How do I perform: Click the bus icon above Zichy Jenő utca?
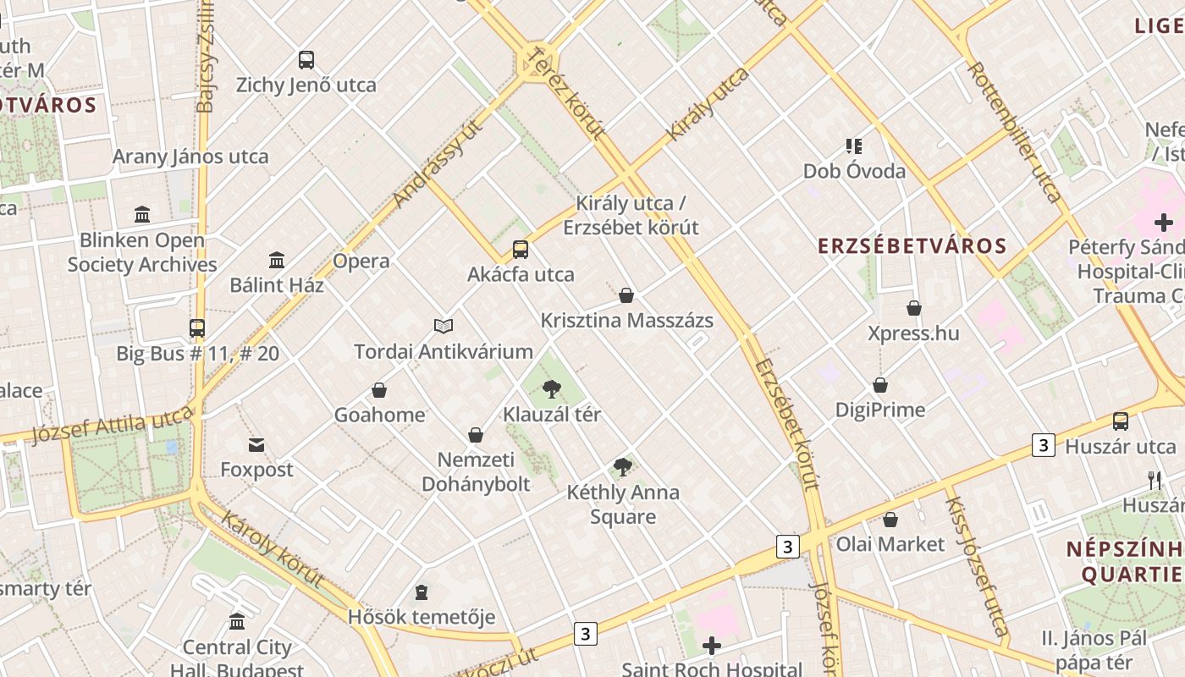pos(306,60)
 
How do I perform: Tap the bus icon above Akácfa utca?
pos(521,250)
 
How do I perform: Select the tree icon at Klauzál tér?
pos(552,389)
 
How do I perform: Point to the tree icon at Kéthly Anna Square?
pos(623,466)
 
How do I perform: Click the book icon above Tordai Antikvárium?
pos(444,326)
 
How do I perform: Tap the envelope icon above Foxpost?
pos(256,444)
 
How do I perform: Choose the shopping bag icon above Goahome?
pos(379,390)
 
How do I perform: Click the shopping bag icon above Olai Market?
pos(890,520)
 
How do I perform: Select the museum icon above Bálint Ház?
pos(277,260)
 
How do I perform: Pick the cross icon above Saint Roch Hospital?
pos(712,647)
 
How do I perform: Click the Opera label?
pos(361,261)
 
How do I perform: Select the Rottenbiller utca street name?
pos(1014,132)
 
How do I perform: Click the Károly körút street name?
pos(273,548)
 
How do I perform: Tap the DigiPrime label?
pos(880,410)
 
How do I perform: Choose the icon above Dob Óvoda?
pos(853,146)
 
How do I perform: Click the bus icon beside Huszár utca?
pos(1121,421)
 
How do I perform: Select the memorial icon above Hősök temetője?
pos(422,592)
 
